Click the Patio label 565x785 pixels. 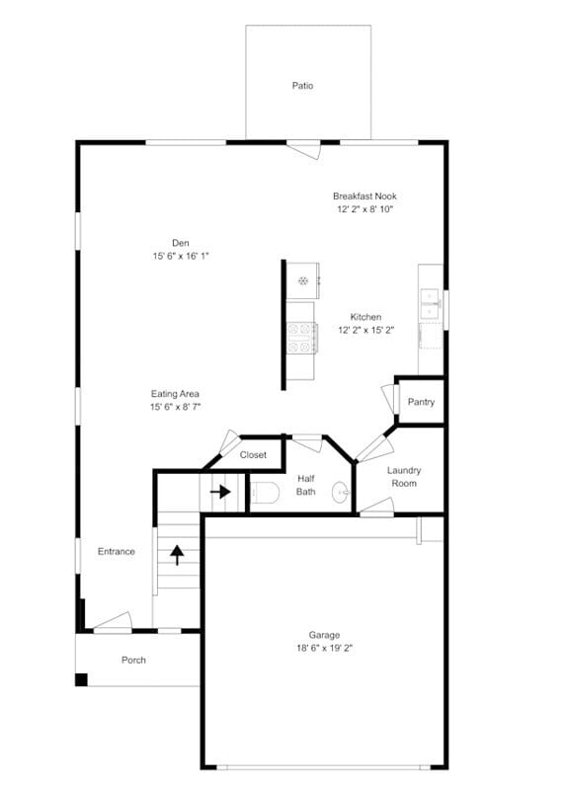(302, 86)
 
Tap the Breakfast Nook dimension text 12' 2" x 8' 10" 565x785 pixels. (364, 209)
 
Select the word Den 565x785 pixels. (181, 243)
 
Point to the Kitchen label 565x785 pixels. (365, 317)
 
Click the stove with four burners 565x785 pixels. (301, 338)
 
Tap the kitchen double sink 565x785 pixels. (430, 303)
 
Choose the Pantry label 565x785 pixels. (421, 402)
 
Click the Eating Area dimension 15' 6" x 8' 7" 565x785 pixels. (175, 407)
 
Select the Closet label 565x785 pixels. (253, 454)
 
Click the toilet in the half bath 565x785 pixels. (265, 493)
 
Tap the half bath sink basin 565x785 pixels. (341, 493)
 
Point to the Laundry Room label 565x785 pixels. (404, 477)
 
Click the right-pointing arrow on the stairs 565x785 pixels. (220, 492)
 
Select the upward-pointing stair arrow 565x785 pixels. (177, 555)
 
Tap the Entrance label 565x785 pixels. (117, 551)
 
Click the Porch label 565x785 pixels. (133, 660)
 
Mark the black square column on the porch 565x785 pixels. (81, 679)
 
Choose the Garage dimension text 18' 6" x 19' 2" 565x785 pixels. (325, 648)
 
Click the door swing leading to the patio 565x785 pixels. (304, 150)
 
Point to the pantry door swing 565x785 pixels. (389, 399)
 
